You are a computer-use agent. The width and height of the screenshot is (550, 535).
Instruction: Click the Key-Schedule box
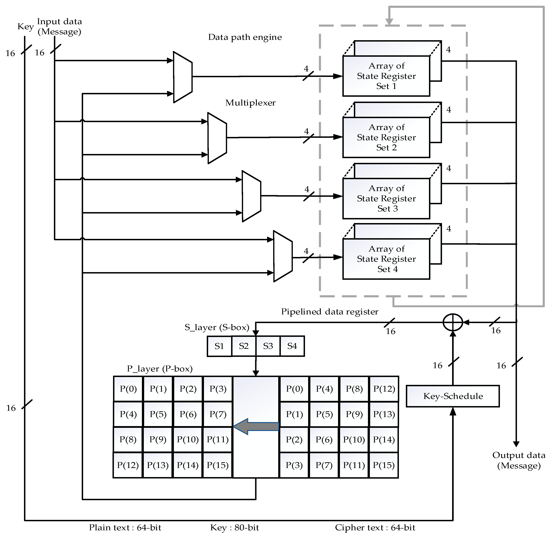pos(453,396)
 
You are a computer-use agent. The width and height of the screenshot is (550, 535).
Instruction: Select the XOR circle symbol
pos(453,322)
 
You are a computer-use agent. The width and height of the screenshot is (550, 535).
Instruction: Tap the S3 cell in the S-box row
pos(268,346)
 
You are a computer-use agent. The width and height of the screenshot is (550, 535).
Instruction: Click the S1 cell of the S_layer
pos(219,346)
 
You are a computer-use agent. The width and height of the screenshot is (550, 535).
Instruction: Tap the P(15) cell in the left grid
pos(218,465)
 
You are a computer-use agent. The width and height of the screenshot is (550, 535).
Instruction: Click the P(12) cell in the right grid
pos(384,389)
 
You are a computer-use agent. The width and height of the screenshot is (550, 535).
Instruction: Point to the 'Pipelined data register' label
pos(330,312)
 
